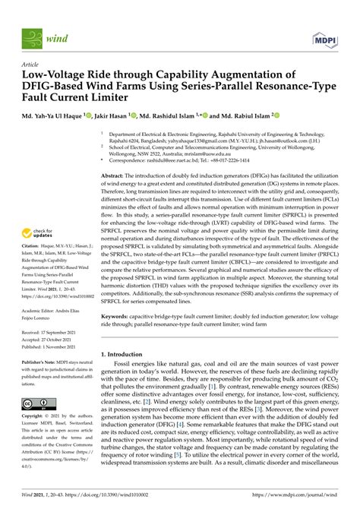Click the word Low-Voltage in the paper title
[x=54, y=77]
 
